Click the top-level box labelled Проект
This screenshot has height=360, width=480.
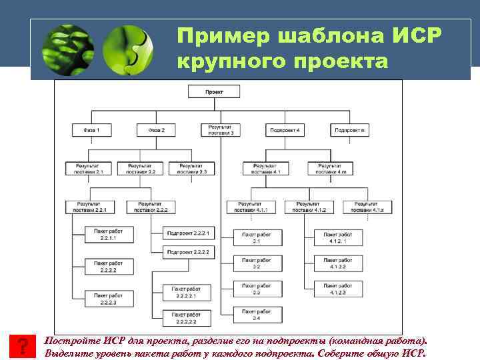tap(215, 93)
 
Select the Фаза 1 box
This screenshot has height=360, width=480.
tap(92, 129)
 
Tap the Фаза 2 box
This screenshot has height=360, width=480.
tap(156, 129)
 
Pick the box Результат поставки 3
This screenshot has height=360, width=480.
tap(221, 129)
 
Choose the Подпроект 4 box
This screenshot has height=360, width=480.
tap(285, 129)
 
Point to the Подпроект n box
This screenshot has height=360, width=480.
tap(350, 129)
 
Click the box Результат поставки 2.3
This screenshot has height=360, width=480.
tap(188, 169)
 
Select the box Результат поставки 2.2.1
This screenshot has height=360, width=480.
tap(92, 207)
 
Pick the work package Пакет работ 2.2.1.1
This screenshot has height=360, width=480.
tap(109, 233)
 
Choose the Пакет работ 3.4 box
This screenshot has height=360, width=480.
tap(257, 314)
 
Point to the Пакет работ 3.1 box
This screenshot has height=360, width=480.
tap(257, 237)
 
